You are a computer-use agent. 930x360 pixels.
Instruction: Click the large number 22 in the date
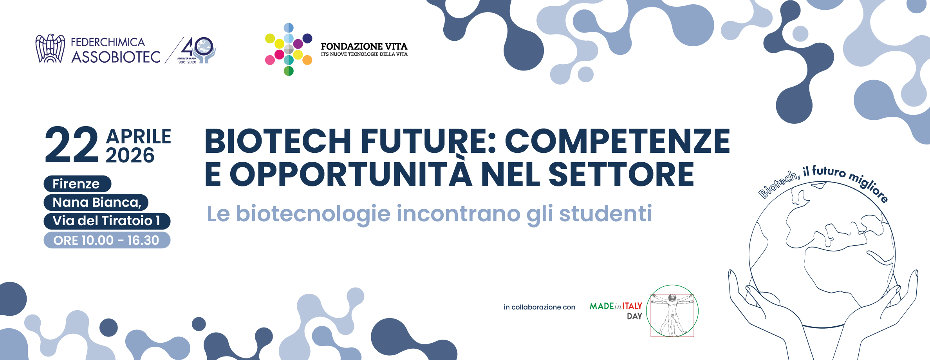click(72, 145)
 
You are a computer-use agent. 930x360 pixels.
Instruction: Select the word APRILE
click(139, 137)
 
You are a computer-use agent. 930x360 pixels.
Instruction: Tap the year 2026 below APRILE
click(130, 156)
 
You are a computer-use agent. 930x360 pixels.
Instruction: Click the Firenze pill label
click(77, 184)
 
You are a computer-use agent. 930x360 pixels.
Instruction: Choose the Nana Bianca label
click(96, 203)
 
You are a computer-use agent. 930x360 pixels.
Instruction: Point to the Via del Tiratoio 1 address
click(107, 221)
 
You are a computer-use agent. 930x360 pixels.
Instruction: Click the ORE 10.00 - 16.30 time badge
click(107, 240)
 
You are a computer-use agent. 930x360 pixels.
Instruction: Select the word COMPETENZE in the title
click(617, 141)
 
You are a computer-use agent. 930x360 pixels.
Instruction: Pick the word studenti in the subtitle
click(605, 214)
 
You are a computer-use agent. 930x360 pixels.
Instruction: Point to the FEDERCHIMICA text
click(108, 42)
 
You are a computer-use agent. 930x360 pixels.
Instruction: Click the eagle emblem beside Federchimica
click(50, 49)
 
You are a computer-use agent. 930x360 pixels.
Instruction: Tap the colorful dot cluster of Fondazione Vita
click(289, 49)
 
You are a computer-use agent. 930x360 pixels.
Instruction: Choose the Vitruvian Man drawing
click(672, 311)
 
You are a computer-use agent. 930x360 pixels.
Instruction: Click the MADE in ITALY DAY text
click(616, 311)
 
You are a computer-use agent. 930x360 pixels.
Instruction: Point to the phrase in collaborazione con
click(540, 307)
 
